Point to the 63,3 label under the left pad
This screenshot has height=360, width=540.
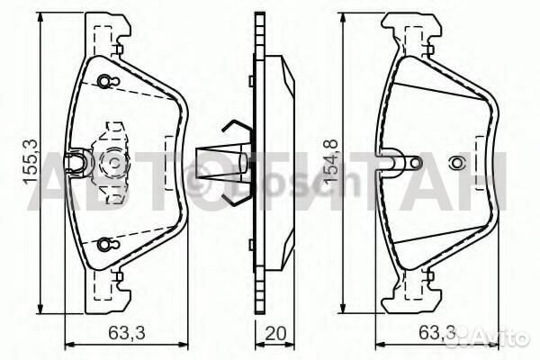tap(127, 333)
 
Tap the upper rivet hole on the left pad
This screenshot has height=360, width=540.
tap(106, 82)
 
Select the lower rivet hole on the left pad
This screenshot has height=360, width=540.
tap(106, 243)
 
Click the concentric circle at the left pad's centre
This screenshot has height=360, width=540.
tap(114, 163)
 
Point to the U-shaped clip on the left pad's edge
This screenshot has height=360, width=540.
tap(83, 161)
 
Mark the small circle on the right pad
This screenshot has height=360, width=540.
tap(455, 163)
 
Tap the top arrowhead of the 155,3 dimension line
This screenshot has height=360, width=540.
tap(41, 16)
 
